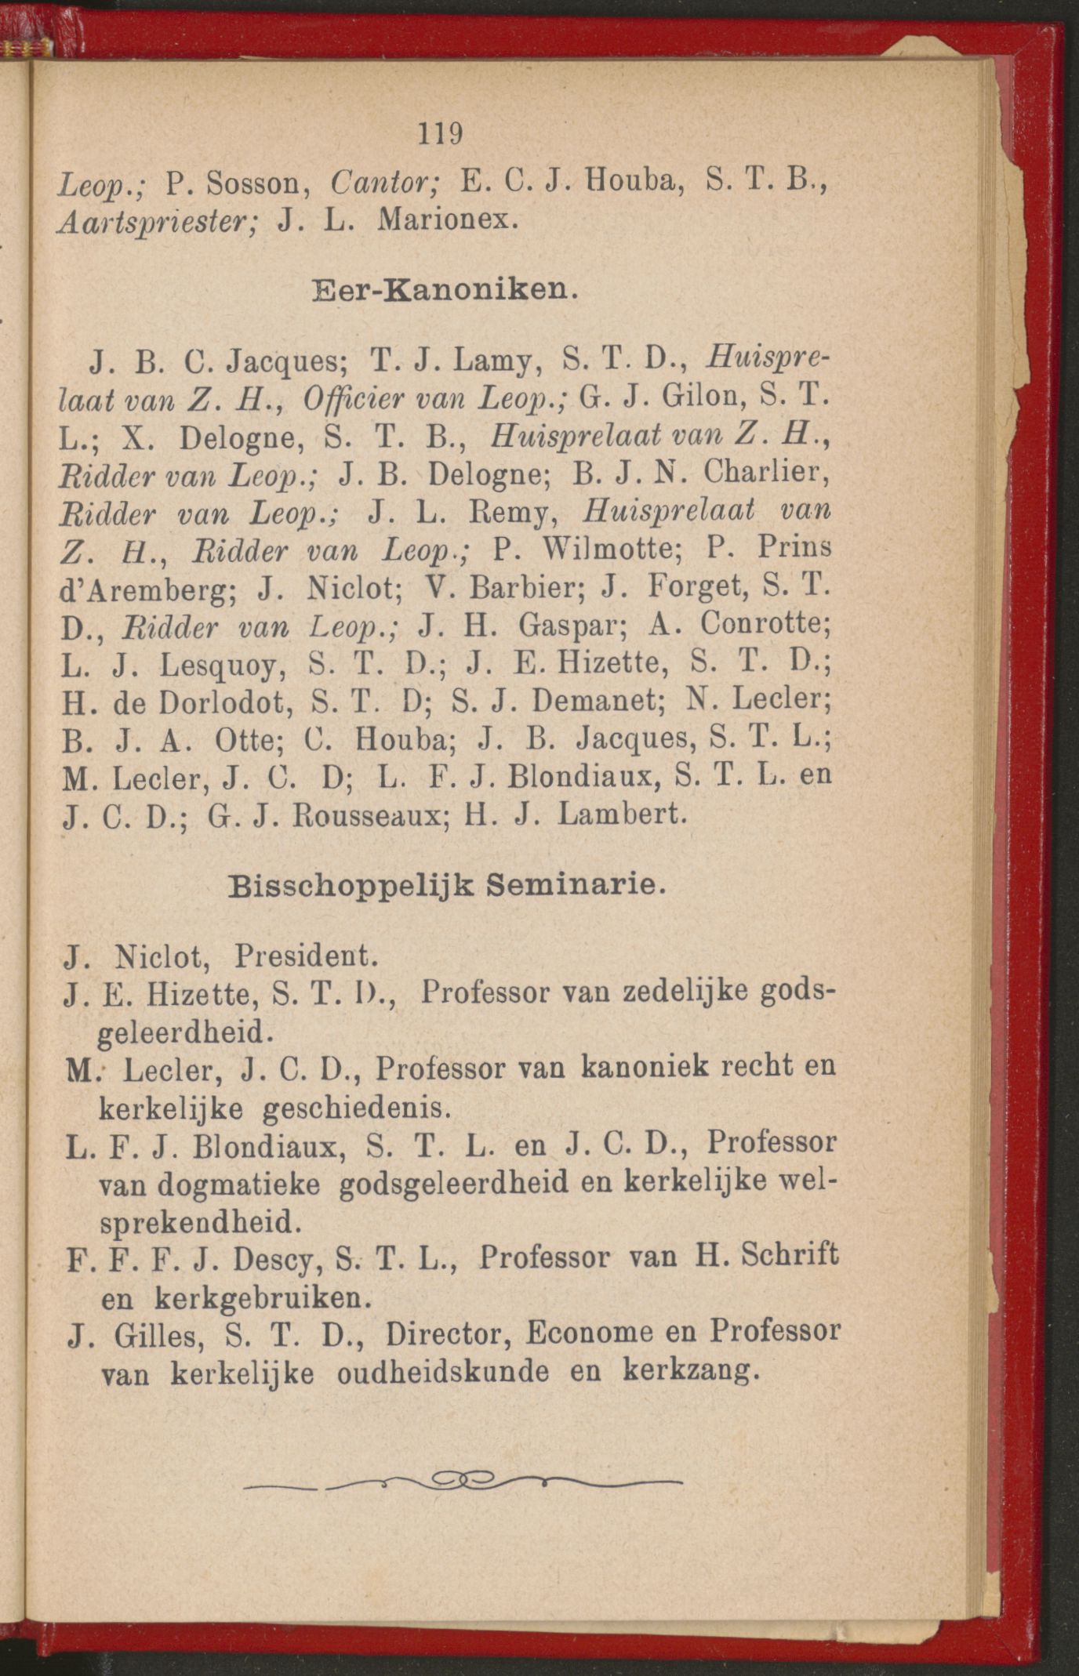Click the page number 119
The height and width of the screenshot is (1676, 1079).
tap(440, 133)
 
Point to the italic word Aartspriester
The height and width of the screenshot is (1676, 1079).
tap(160, 223)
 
